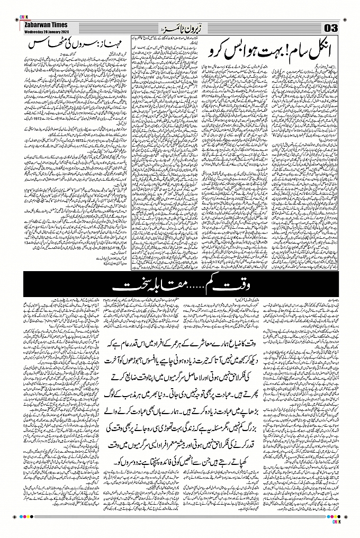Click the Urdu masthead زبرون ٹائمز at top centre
(180, 27)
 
